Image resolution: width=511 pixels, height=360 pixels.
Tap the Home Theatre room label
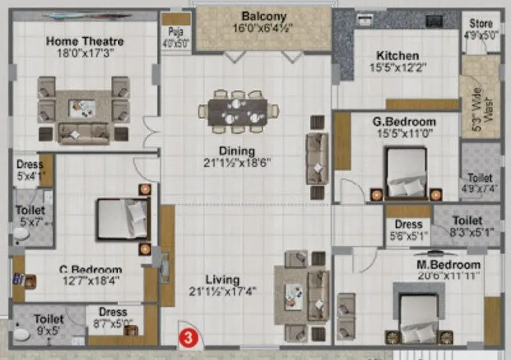tap(85, 42)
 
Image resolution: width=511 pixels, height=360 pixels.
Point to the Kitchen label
tap(397, 55)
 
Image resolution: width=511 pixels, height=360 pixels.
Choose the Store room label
tap(481, 24)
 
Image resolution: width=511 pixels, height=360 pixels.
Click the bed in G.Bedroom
tap(405, 173)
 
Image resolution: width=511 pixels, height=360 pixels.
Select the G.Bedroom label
tap(405, 122)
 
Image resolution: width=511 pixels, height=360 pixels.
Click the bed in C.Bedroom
tap(123, 219)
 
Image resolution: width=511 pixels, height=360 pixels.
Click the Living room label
tap(222, 280)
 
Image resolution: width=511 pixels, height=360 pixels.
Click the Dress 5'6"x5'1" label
tap(408, 229)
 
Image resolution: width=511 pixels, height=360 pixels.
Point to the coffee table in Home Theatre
tap(82, 108)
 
